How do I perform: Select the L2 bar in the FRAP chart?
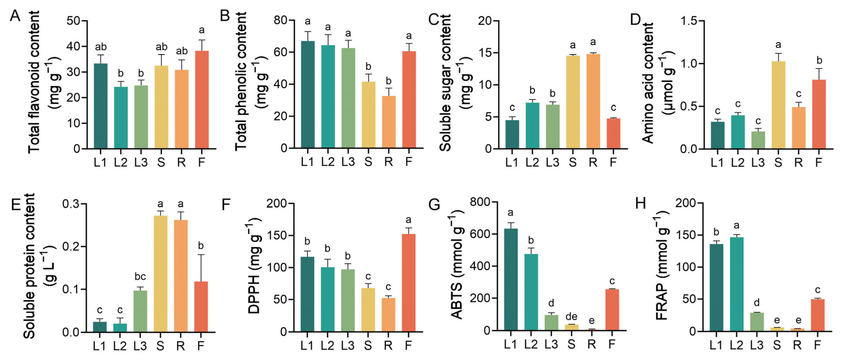pyautogui.click(x=737, y=284)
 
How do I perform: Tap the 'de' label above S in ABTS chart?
pyautogui.click(x=571, y=316)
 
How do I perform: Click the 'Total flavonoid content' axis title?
pyautogui.click(x=34, y=82)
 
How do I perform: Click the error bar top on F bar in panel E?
pyautogui.click(x=201, y=255)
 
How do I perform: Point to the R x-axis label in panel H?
pyautogui.click(x=797, y=345)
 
